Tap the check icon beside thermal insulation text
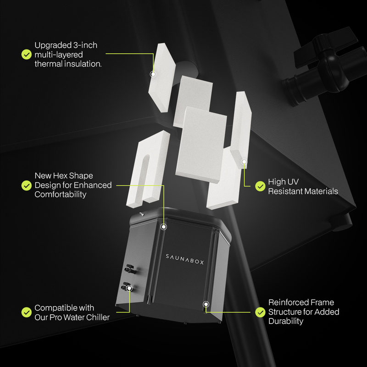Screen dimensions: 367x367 pyautogui.click(x=26, y=55)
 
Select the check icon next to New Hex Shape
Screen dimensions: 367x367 pyautogui.click(x=26, y=185)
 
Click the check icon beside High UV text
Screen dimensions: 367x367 pyautogui.click(x=260, y=186)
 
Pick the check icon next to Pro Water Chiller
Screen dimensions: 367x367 pyautogui.click(x=26, y=312)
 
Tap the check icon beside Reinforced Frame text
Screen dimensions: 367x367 pyautogui.click(x=260, y=312)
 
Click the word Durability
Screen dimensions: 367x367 pyautogui.click(x=286, y=321)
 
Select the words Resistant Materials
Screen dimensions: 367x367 pyautogui.click(x=303, y=191)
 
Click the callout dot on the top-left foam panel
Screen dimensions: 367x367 pyautogui.click(x=153, y=73)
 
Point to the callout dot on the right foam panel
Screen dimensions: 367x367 pyautogui.click(x=244, y=161)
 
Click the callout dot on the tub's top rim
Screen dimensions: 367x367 pyautogui.click(x=163, y=227)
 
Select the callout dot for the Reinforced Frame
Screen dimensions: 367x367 pyautogui.click(x=206, y=304)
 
